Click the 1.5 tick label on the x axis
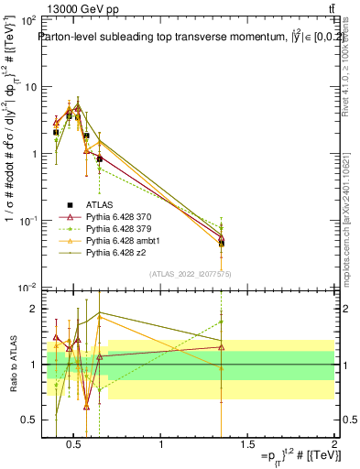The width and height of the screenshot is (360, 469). [247, 446]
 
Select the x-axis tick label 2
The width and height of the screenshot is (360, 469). [333, 446]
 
